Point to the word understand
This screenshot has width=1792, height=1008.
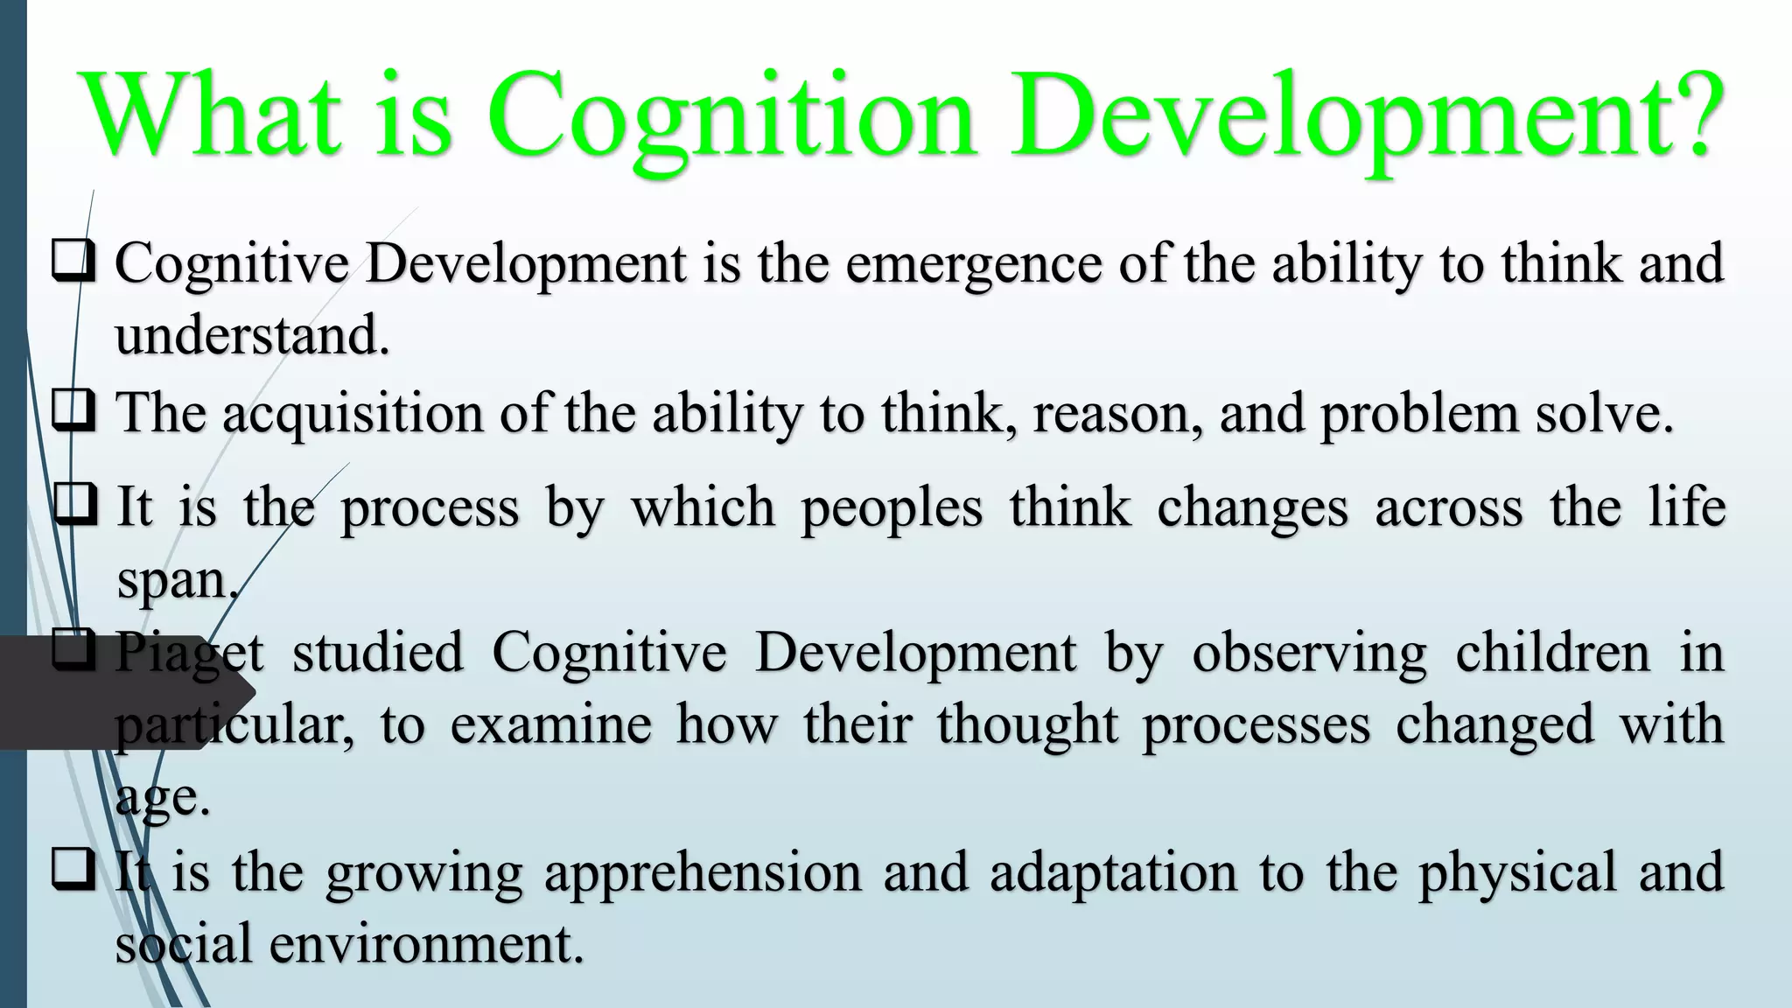tap(252, 335)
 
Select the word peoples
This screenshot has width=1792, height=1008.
tap(892, 508)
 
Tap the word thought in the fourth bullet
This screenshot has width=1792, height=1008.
tap(1027, 725)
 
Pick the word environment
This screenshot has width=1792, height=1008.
tap(426, 944)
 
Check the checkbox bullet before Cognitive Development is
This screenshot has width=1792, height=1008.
tap(73, 262)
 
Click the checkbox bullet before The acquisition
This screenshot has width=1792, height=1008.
tap(73, 410)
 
